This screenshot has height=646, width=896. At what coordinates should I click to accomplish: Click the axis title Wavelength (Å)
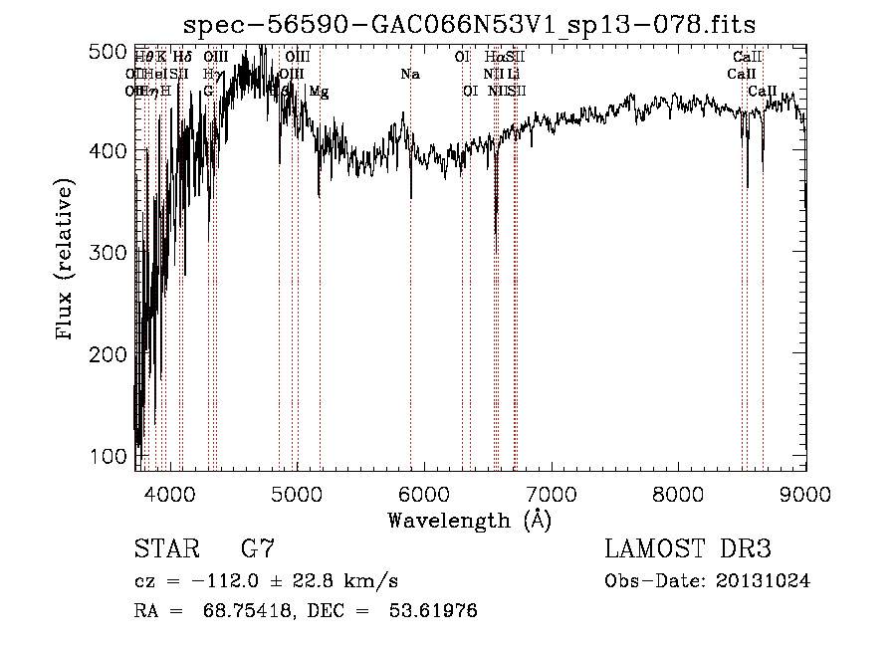pos(469,520)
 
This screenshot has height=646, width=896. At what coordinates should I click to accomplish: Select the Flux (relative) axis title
pos(66,260)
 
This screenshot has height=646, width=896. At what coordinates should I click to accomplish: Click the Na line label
pos(410,75)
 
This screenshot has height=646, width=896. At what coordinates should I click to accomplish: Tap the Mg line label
pos(319,92)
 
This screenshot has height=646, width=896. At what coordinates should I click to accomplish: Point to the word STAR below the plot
pos(166,549)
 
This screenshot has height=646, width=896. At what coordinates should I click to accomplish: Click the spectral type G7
pos(257,549)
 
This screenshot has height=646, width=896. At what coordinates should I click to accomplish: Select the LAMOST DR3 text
pos(688,549)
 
